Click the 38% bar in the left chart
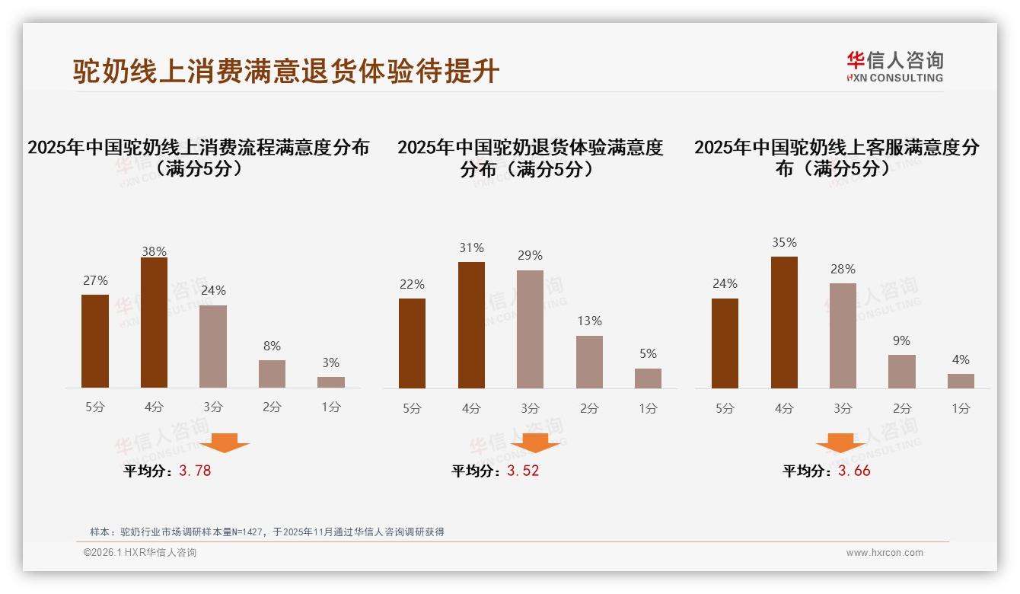pyautogui.click(x=154, y=323)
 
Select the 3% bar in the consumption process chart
pyautogui.click(x=331, y=382)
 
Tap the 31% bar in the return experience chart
pyautogui.click(x=471, y=325)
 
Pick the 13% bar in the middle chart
pyautogui.click(x=589, y=362)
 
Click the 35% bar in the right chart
pyautogui.click(x=784, y=322)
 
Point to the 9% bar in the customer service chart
pyautogui.click(x=902, y=372)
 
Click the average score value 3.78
pyautogui.click(x=195, y=471)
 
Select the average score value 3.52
pyautogui.click(x=523, y=471)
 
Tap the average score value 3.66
pyautogui.click(x=854, y=471)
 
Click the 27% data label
pyautogui.click(x=95, y=281)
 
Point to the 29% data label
pyautogui.click(x=530, y=256)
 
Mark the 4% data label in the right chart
pyautogui.click(x=961, y=359)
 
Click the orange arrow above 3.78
pyautogui.click(x=225, y=442)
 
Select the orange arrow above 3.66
pyautogui.click(x=840, y=442)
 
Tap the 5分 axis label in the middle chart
pyautogui.click(x=412, y=408)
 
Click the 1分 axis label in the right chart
pyautogui.click(x=961, y=408)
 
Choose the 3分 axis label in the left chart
pyautogui.click(x=213, y=407)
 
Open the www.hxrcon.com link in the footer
pyautogui.click(x=885, y=553)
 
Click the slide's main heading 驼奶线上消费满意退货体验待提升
pyautogui.click(x=286, y=71)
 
